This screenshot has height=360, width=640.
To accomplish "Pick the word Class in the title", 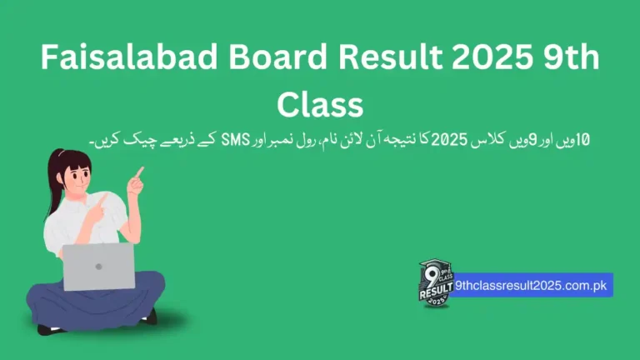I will (320, 105).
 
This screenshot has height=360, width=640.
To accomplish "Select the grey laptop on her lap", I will (98, 266).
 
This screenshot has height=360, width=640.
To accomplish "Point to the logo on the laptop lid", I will (98, 267).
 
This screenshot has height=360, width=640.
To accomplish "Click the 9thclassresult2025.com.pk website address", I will (534, 285).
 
